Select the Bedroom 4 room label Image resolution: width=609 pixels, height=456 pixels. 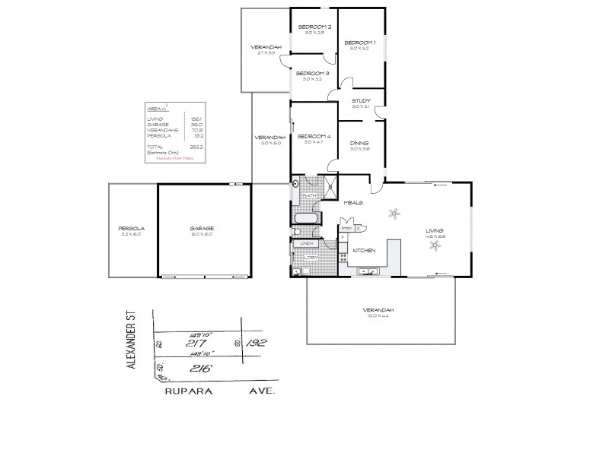point(314,135)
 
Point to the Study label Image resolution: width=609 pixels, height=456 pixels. point(361,100)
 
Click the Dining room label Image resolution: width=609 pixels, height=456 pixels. point(360,142)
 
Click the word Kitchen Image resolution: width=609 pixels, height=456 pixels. point(362,249)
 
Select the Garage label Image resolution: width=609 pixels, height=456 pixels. point(202,228)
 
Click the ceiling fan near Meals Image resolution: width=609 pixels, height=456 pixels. point(394,214)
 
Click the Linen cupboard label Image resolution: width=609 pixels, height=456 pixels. point(308,243)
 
